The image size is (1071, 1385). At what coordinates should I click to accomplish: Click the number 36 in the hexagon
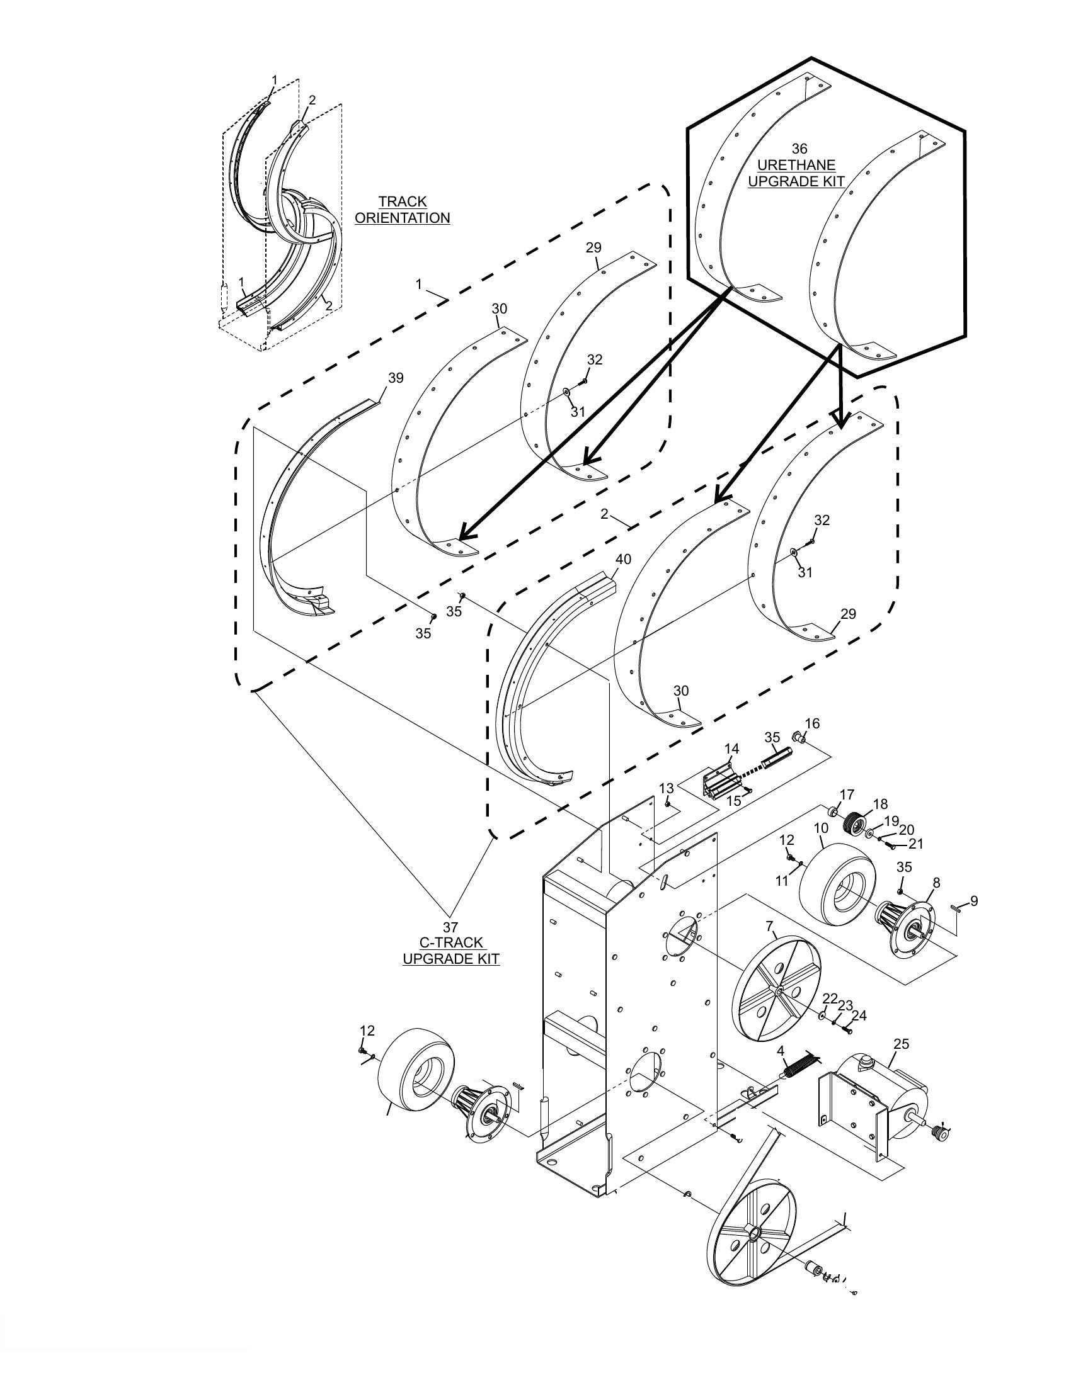point(799,149)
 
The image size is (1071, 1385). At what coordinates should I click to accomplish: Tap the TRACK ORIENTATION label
point(403,210)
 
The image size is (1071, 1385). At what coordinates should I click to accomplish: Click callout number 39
point(395,378)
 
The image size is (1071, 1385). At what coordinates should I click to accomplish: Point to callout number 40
point(623,559)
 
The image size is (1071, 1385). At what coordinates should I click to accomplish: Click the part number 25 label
point(901,1044)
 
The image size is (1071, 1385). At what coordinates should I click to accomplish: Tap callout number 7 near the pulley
point(770,927)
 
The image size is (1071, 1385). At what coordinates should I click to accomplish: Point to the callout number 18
point(880,804)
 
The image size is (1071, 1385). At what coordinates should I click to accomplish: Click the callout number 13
point(666,788)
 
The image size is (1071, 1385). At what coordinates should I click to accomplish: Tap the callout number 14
point(731,749)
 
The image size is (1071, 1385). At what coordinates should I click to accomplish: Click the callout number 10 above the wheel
point(821,828)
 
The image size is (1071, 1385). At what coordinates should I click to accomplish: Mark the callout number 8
point(936,883)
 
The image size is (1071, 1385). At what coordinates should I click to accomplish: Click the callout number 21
point(915,844)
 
